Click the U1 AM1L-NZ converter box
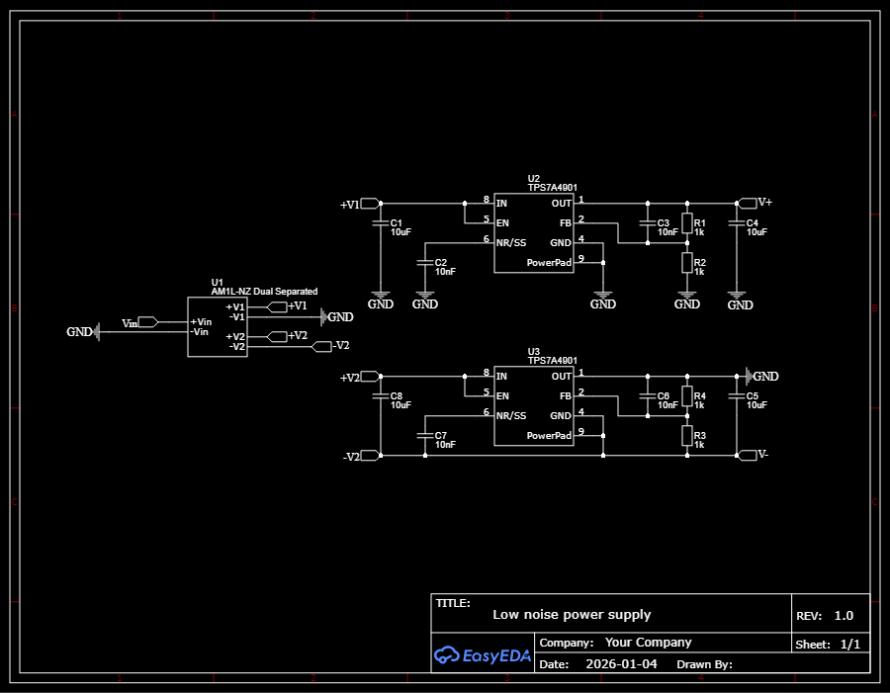point(217,326)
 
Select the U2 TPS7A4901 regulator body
point(533,233)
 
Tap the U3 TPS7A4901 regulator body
point(533,406)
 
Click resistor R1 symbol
point(686,224)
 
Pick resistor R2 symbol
point(686,263)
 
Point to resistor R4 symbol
point(686,397)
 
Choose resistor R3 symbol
point(686,436)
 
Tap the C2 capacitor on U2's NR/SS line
point(424,263)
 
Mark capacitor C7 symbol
point(424,436)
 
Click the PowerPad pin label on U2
point(549,263)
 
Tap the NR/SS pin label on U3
point(512,415)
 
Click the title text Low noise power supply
point(572,615)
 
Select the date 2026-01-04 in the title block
point(621,664)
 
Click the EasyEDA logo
point(483,653)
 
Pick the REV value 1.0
point(843,615)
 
